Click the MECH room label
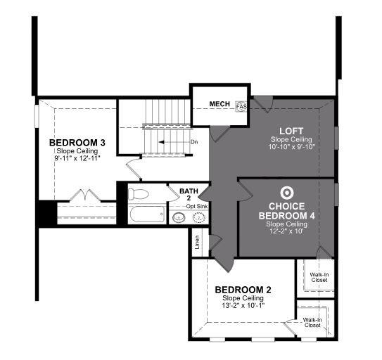pyautogui.click(x=219, y=104)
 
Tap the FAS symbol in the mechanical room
pyautogui.click(x=241, y=106)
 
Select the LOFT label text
pyautogui.click(x=291, y=131)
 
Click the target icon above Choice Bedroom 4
pyautogui.click(x=287, y=193)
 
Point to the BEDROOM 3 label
pyautogui.click(x=77, y=143)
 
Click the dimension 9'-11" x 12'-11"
pyautogui.click(x=77, y=158)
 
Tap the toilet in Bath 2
pyautogui.click(x=138, y=194)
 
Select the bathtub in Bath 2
pyautogui.click(x=147, y=214)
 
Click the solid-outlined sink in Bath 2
pyautogui.click(x=179, y=217)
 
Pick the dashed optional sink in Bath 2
pyautogui.click(x=199, y=217)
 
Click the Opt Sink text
pyautogui.click(x=197, y=206)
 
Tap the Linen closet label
pyautogui.click(x=197, y=242)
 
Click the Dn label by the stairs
pyautogui.click(x=194, y=142)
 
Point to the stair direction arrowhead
pyautogui.click(x=161, y=142)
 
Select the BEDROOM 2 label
pyautogui.click(x=243, y=290)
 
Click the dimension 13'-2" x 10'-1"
pyautogui.click(x=243, y=305)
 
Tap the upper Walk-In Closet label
pyautogui.click(x=319, y=278)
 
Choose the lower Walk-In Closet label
pyautogui.click(x=312, y=323)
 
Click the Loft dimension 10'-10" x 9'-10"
pyautogui.click(x=292, y=147)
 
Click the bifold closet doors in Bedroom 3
pyautogui.click(x=85, y=195)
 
